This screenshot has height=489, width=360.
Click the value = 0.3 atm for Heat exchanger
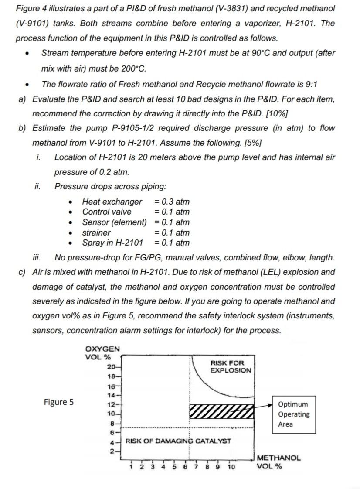[172, 202]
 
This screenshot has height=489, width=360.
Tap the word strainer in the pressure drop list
[96, 233]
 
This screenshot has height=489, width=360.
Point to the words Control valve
[107, 212]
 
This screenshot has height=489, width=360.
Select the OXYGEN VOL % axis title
[102, 352]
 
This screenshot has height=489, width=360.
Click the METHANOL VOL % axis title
[278, 462]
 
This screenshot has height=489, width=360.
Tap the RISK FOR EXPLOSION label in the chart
[231, 366]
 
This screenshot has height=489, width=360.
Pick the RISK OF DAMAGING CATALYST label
[178, 441]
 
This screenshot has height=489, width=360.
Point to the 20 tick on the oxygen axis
[112, 366]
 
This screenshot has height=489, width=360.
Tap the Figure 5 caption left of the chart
[58, 402]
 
